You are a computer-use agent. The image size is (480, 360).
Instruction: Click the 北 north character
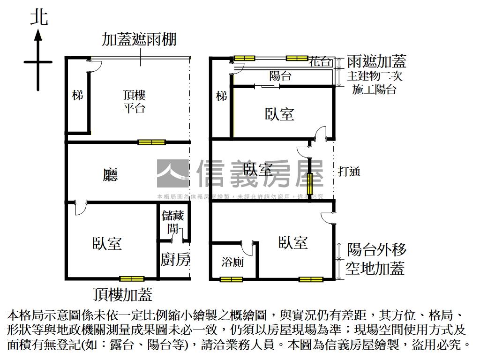pyautogui.click(x=39, y=17)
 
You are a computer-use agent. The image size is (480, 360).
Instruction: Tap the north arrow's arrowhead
pyautogui.click(x=38, y=35)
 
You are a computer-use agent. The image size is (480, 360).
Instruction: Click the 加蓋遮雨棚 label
pyautogui.click(x=139, y=39)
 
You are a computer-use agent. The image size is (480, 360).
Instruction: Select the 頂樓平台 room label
pyautogui.click(x=135, y=102)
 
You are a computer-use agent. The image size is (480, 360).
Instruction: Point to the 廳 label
pyautogui.click(x=111, y=175)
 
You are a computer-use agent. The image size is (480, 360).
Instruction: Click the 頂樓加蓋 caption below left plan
pyautogui.click(x=123, y=294)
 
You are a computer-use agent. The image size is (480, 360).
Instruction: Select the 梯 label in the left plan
pyautogui.click(x=78, y=95)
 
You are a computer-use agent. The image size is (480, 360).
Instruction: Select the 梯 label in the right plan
pyautogui.click(x=221, y=96)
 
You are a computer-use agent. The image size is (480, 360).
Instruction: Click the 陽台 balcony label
pyautogui.click(x=280, y=76)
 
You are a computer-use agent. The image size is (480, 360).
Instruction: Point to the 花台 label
pyautogui.click(x=321, y=61)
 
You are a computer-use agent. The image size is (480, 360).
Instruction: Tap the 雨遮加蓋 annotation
pyautogui.click(x=376, y=61)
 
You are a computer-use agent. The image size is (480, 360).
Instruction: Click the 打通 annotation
pyautogui.click(x=349, y=171)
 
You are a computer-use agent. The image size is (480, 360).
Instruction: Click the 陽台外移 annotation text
pyautogui.click(x=376, y=249)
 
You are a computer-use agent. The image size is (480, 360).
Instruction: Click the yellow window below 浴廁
pyautogui.click(x=232, y=280)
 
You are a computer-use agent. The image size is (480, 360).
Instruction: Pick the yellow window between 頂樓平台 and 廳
pyautogui.click(x=152, y=142)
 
